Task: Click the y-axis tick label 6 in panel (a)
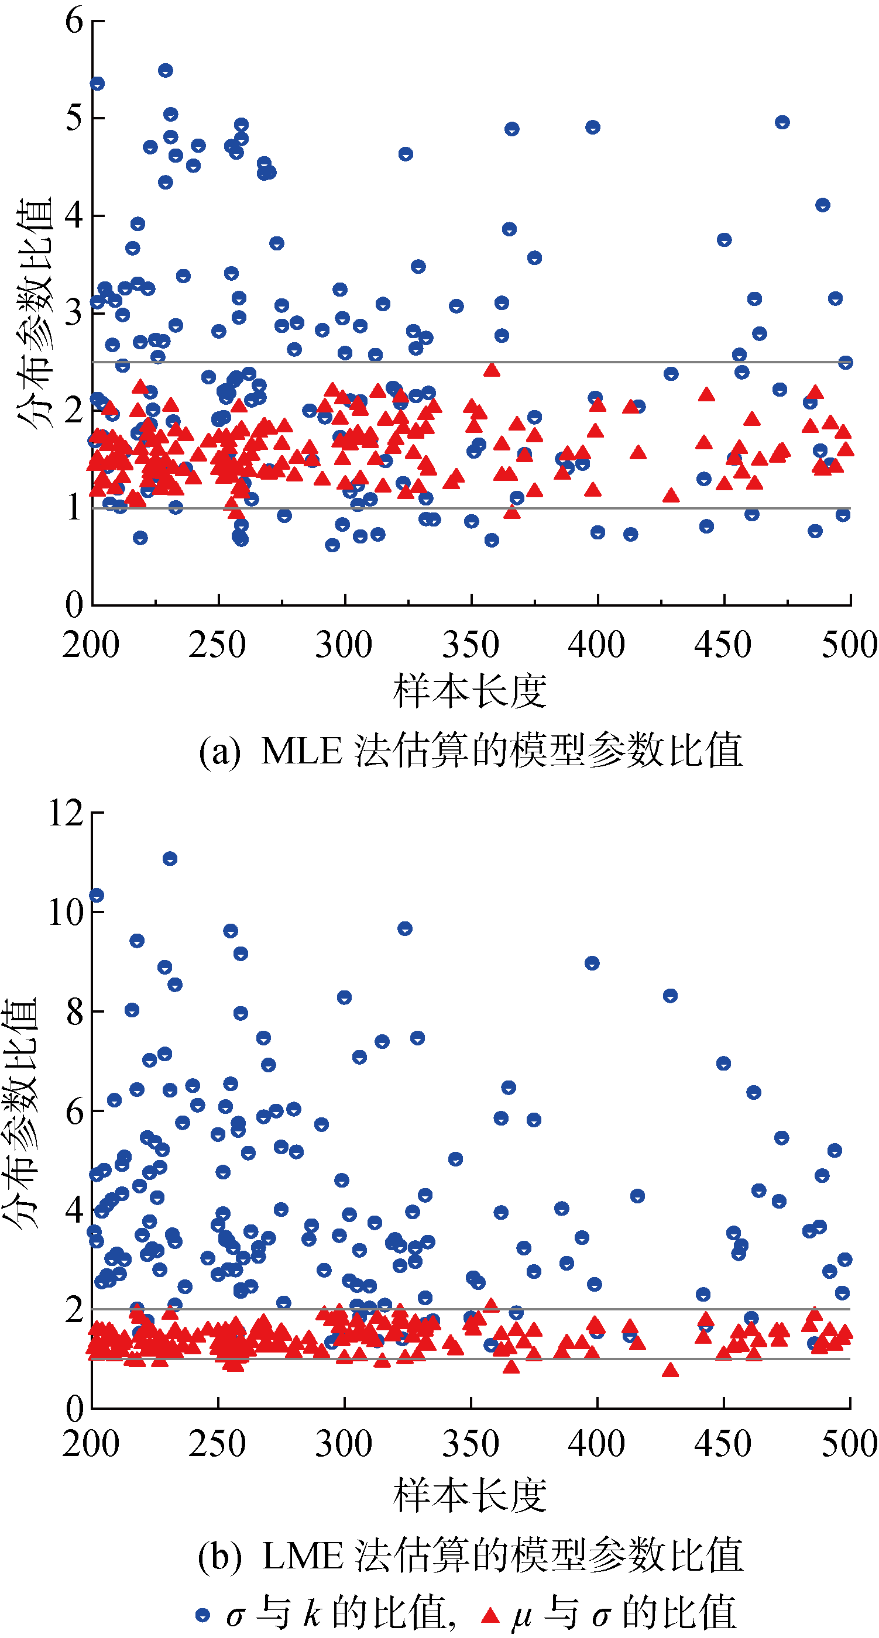[x=74, y=21]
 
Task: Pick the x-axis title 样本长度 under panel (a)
[x=470, y=691]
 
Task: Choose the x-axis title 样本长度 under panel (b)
[x=470, y=1494]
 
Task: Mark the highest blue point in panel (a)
[x=166, y=71]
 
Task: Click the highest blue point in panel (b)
[x=170, y=859]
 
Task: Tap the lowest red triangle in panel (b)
[x=669, y=1370]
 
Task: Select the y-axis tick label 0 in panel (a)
[x=74, y=604]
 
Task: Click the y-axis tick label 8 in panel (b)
[x=74, y=1011]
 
